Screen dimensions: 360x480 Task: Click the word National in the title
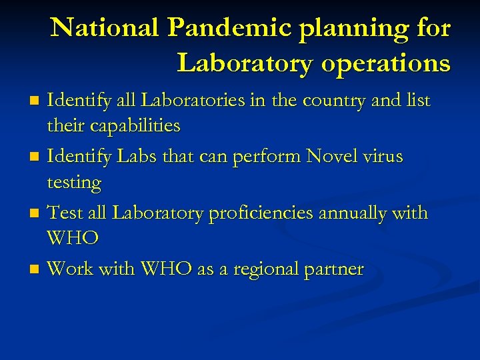click(x=105, y=28)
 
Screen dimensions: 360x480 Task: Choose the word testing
click(x=74, y=183)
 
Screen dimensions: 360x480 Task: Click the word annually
click(x=359, y=213)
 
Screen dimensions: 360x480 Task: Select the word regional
click(x=267, y=269)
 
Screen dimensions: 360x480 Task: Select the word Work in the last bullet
click(x=71, y=269)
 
